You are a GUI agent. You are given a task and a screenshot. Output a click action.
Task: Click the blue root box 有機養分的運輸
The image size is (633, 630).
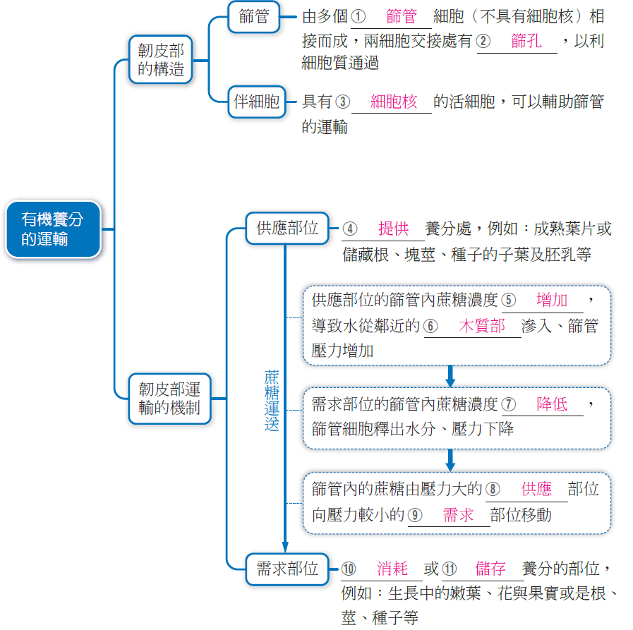pos(54,229)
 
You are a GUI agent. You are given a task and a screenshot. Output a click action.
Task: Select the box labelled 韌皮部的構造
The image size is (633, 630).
pos(161,60)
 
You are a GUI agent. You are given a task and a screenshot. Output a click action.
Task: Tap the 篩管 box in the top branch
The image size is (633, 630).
pos(254,17)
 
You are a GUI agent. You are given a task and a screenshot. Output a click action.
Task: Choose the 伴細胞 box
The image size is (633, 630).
pos(257,102)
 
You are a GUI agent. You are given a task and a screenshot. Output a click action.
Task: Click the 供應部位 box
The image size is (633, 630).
pos(287,228)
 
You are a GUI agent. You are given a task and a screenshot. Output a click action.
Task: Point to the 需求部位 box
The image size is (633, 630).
pos(287,569)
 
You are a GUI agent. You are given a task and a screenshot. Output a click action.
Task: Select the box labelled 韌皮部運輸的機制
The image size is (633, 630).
pos(169,399)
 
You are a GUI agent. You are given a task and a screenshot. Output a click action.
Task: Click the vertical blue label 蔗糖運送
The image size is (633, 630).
pos(272,400)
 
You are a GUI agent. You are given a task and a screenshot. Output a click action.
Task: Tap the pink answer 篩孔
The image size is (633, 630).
pos(526,41)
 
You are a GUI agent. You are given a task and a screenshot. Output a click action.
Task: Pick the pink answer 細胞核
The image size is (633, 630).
pos(394,102)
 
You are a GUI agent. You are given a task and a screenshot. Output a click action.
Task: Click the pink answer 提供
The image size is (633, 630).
pos(394,229)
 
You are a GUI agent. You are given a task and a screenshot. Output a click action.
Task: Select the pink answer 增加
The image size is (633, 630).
pos(552,300)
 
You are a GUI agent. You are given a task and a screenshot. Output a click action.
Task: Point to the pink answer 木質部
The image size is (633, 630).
pos(482,326)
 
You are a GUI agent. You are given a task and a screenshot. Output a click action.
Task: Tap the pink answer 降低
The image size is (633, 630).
pos(552,404)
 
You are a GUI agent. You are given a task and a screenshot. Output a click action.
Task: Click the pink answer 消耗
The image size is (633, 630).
pos(392,569)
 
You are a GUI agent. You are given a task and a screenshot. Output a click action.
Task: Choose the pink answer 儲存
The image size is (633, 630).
pos(490,569)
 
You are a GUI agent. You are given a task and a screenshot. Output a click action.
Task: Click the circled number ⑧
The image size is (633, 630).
pos(493,489)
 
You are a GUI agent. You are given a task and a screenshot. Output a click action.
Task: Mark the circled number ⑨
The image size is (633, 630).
pos(415,515)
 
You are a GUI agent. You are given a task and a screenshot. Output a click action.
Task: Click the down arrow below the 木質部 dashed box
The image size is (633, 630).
pos(450,376)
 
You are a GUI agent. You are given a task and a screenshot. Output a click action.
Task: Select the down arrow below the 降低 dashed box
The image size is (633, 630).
pos(450,461)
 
